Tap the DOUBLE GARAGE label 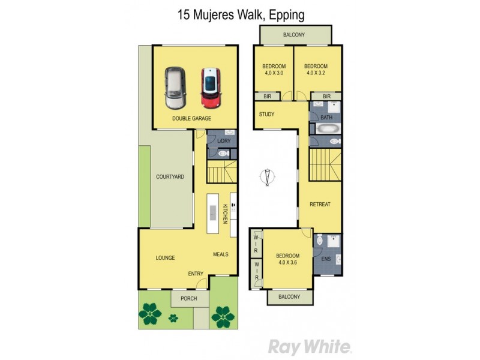(191, 119)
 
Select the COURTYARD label (170, 177)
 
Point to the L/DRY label (223, 141)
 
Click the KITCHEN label (226, 214)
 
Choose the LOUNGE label (165, 258)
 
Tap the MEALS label (221, 254)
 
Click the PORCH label (189, 298)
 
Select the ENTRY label (196, 274)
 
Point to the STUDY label (266, 114)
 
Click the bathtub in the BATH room (326, 129)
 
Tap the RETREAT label (320, 205)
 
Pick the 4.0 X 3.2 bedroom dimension (316, 73)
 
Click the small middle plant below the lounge (173, 317)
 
